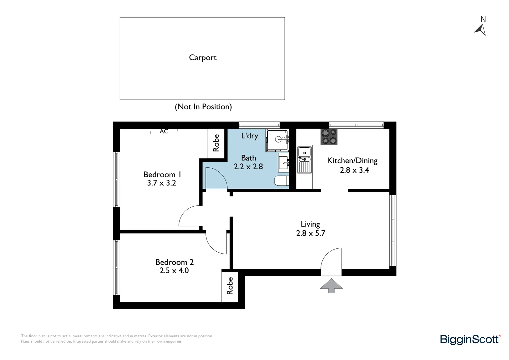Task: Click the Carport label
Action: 203,58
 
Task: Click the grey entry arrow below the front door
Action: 331,286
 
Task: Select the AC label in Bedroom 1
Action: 164,132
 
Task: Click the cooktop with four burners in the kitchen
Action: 329,137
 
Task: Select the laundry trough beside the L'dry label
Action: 277,140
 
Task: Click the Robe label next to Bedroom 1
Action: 216,143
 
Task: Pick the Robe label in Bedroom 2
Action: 230,286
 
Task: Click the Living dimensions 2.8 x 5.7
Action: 310,233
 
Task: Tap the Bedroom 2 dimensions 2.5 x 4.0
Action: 174,271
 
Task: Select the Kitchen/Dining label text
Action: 352,161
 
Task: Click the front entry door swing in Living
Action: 332,260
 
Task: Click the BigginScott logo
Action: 470,340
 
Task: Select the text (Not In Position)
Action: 203,107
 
